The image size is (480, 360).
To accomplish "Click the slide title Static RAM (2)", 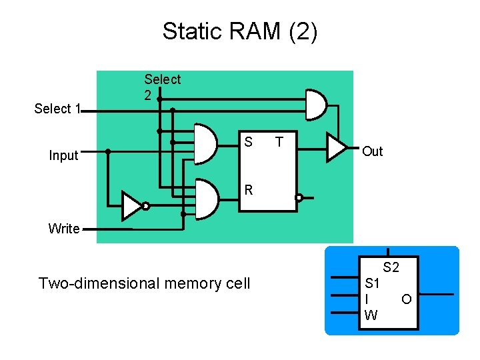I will click(240, 31).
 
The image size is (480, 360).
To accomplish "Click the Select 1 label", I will click(57, 109).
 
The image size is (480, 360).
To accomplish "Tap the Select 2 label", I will click(162, 87).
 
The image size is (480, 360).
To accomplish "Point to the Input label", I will click(64, 156).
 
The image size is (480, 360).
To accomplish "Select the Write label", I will click(64, 229).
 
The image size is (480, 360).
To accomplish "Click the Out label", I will click(372, 151).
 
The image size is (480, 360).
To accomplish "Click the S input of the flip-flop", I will click(248, 142).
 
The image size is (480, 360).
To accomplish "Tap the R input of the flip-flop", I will click(248, 190).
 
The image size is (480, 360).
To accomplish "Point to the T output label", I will click(279, 142).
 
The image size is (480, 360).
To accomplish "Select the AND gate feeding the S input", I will click(205, 143).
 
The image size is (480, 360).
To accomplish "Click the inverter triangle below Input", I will click(131, 206).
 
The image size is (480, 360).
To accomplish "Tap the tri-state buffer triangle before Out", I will click(336, 147).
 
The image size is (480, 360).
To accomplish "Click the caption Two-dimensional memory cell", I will click(145, 283).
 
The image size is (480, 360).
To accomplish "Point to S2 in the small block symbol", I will click(391, 268).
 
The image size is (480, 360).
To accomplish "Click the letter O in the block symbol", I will click(406, 299).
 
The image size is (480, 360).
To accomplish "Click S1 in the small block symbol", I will click(373, 283).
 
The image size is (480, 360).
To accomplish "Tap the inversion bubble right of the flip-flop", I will click(299, 198).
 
